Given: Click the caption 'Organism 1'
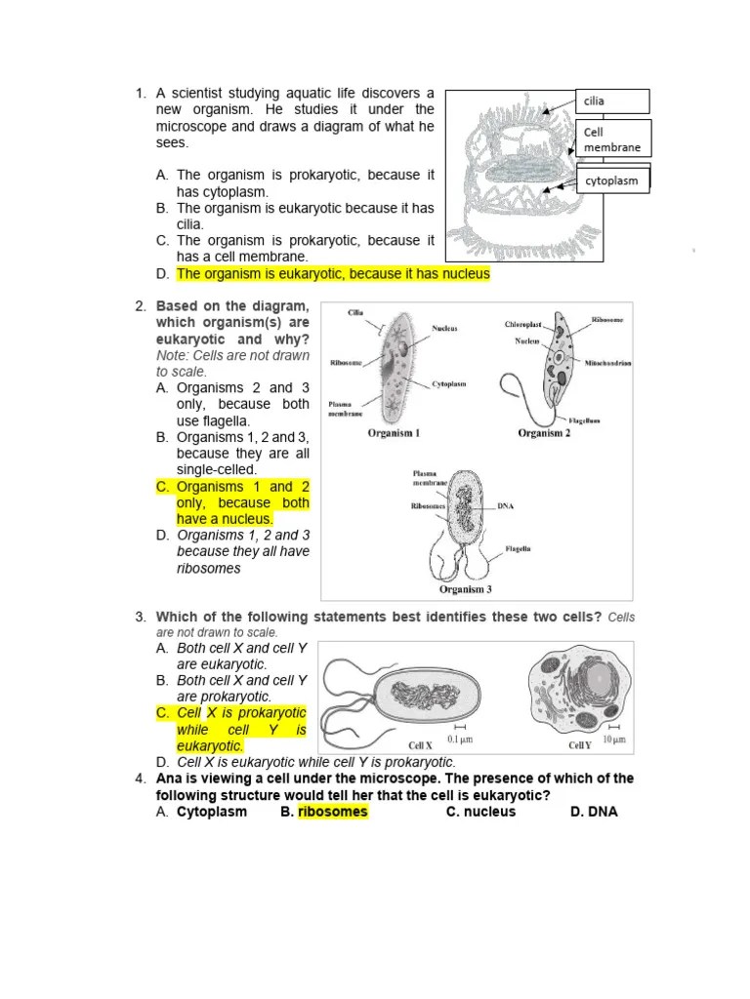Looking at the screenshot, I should click(394, 433).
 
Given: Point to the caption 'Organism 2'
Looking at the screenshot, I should click(544, 433).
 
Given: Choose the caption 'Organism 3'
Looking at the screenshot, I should click(466, 588).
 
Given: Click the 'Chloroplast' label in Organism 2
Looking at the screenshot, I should click(523, 324).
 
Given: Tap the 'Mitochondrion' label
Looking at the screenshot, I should click(607, 362).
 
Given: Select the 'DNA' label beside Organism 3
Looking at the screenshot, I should click(505, 506).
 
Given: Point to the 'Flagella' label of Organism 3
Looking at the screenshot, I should click(518, 549).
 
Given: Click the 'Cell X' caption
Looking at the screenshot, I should click(421, 745).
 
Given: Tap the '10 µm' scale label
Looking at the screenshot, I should click(613, 740).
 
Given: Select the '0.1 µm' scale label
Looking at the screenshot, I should click(460, 740).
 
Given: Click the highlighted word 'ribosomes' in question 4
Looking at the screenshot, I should click(333, 812).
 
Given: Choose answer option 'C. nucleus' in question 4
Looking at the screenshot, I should click(480, 812).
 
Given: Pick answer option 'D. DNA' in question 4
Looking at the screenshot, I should click(594, 812).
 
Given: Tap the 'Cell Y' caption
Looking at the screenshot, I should click(580, 745).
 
